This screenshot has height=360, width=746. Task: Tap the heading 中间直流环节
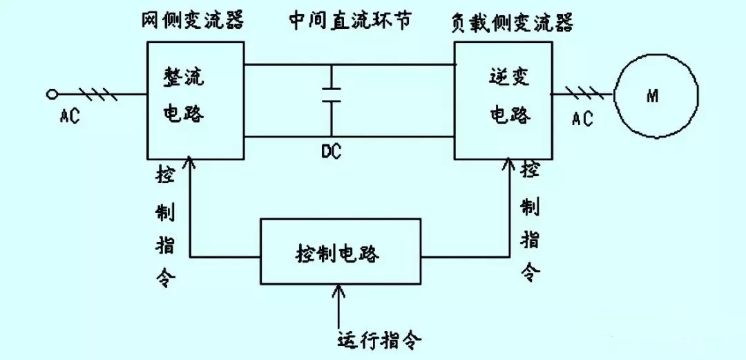(x=350, y=20)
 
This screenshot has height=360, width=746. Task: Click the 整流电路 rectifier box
(x=195, y=98)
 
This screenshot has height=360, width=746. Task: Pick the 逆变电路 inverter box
(x=502, y=98)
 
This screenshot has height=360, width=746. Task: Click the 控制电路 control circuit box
(x=340, y=252)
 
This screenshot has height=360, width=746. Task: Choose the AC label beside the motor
(x=582, y=119)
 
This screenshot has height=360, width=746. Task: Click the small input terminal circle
(x=50, y=94)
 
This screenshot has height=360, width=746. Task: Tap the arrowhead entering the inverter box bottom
(x=510, y=164)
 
